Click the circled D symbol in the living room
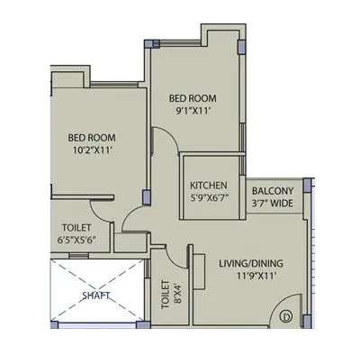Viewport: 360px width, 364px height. coord(285,315)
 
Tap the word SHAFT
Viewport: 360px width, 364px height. coord(96,294)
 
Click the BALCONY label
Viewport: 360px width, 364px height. coord(271,190)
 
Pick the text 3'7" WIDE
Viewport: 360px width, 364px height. coord(271,205)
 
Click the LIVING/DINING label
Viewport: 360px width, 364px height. coord(250,263)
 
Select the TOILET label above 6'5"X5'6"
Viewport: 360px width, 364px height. coord(76,228)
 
